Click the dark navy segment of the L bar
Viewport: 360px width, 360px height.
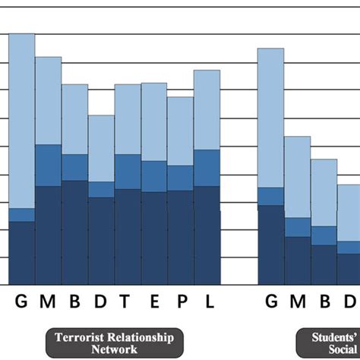click(207, 235)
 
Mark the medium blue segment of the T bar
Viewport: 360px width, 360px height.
click(128, 172)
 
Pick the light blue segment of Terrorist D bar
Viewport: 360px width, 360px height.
click(101, 148)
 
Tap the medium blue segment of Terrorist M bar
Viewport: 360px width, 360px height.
click(49, 165)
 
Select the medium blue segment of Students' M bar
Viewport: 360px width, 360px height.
click(297, 227)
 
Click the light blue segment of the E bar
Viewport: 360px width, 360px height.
click(154, 122)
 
